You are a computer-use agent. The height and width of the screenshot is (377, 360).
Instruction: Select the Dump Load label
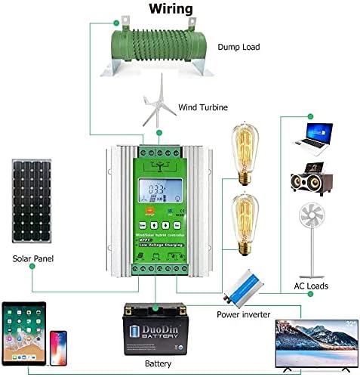click(239, 47)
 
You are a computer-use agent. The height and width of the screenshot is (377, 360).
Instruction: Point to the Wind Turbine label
click(203, 107)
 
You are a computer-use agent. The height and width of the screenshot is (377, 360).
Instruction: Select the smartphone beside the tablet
click(60, 348)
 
